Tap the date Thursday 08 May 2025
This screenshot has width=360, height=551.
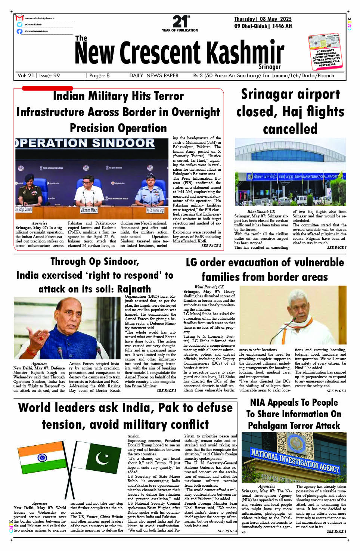tap(263, 19)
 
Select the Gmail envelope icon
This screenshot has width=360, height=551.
tap(19, 18)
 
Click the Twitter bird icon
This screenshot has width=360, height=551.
tap(19, 25)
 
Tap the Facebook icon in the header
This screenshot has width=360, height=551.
tap(19, 31)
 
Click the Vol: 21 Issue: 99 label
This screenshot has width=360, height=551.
tap(38, 75)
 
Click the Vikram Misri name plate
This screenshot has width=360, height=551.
tap(89, 210)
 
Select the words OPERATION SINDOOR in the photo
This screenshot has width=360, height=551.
tap(86, 143)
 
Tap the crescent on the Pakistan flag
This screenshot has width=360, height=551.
tap(102, 458)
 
